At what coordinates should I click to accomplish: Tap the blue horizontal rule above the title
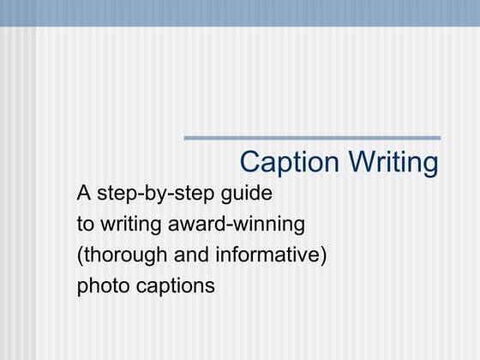point(312,137)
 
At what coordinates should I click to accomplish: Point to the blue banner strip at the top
point(240,13)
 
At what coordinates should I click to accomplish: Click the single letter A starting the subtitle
point(84,194)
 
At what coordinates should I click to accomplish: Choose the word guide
point(249,195)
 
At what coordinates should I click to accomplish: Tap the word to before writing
point(86,225)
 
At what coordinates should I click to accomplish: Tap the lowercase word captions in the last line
point(176,286)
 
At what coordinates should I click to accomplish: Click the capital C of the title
point(249,163)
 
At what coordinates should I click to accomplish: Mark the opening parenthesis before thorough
point(80,255)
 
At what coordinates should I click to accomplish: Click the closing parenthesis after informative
point(325,255)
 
